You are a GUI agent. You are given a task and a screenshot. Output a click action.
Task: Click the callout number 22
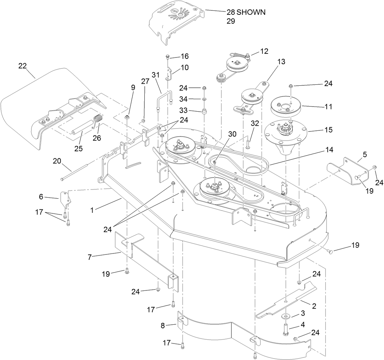point(23,67)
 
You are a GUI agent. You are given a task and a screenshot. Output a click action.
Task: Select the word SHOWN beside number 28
point(251,12)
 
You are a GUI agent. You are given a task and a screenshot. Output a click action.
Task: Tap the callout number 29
point(231,21)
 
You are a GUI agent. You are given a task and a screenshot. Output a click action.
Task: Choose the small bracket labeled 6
point(65,199)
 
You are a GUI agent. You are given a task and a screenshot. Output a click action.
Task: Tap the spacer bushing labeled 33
point(204,112)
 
